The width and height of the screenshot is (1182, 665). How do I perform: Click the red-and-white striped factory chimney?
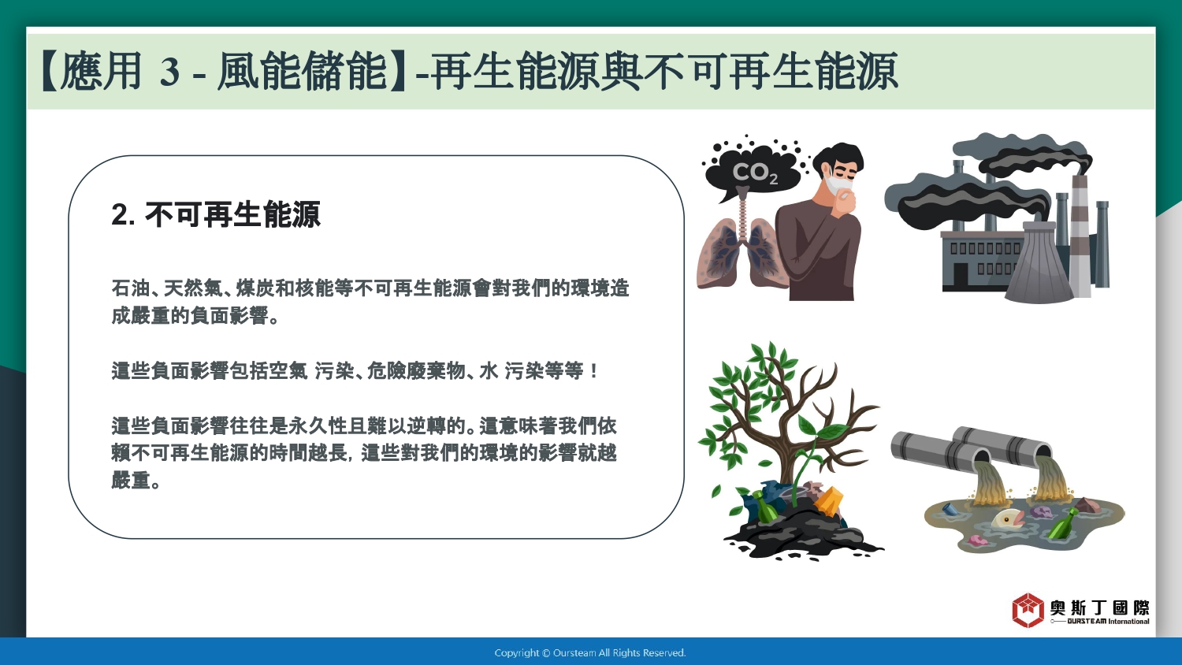(1080, 235)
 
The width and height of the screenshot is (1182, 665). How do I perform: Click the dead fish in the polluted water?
(1009, 519)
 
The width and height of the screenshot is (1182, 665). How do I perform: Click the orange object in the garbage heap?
(828, 500)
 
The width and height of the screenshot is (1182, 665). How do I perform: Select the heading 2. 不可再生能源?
(216, 214)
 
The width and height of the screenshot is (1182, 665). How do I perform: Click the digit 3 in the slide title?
(170, 72)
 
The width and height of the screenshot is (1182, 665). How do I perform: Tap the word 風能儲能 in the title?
(302, 71)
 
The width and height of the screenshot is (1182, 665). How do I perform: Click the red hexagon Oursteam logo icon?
(1028, 610)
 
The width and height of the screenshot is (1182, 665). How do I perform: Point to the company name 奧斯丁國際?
(1099, 608)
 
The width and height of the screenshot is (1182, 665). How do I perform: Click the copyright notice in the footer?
(590, 653)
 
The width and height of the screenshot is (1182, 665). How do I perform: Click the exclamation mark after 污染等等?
(594, 371)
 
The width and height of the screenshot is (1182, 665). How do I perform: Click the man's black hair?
(840, 158)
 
